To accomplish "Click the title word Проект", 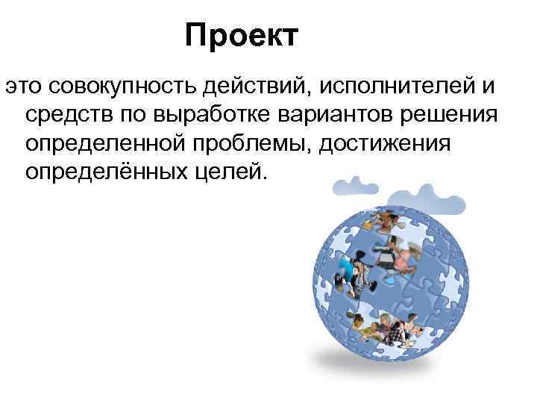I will tap(242, 36).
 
